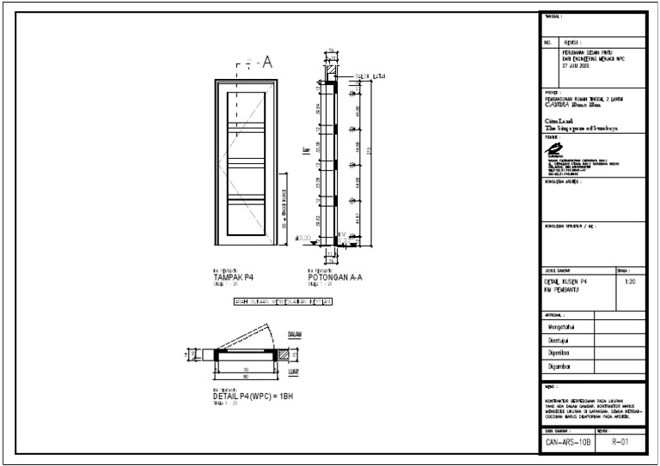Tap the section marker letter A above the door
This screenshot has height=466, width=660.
click(x=266, y=62)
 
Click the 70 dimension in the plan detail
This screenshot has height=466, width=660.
click(x=246, y=368)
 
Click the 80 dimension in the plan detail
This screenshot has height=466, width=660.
click(x=246, y=376)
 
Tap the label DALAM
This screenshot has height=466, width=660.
click(x=293, y=335)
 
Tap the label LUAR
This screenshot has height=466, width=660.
click(x=292, y=372)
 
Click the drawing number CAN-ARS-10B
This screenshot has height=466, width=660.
click(x=568, y=442)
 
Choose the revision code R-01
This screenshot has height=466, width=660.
click(x=621, y=442)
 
